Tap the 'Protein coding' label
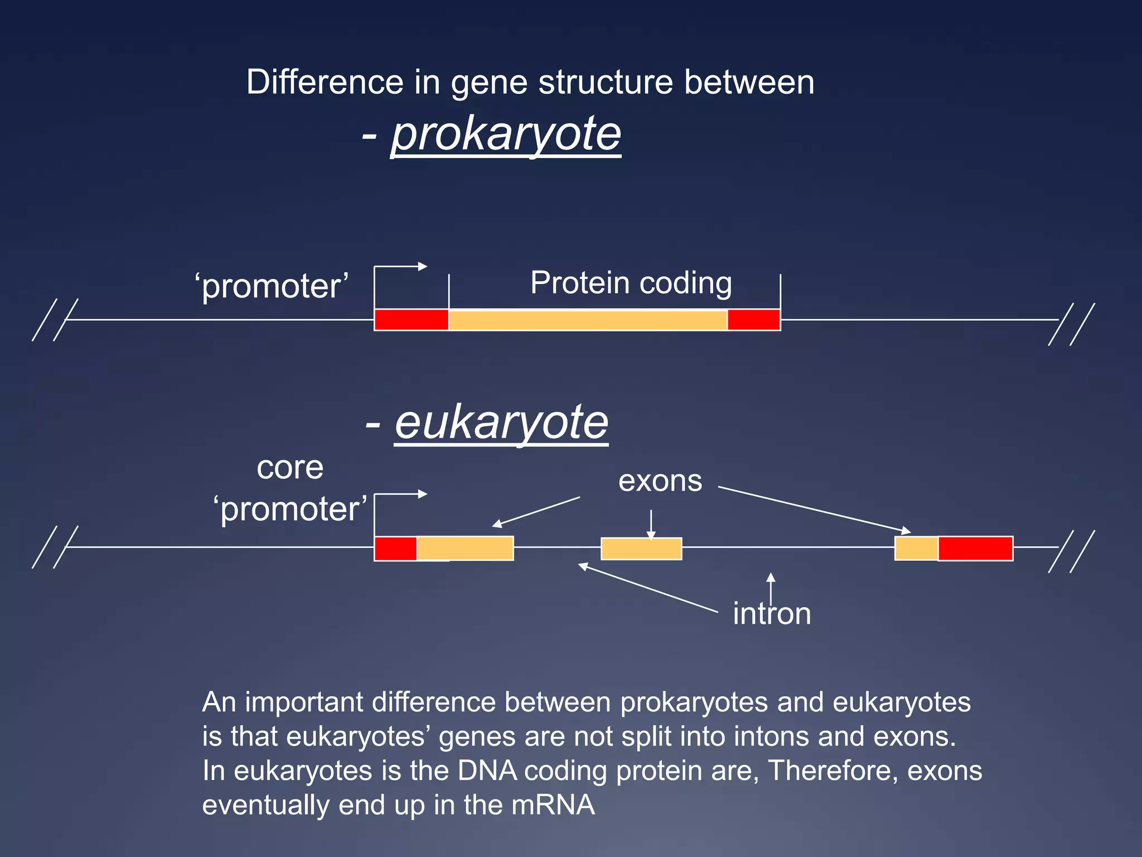(631, 282)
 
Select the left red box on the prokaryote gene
(411, 320)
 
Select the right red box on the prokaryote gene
(753, 320)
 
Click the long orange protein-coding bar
(588, 320)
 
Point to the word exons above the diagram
(660, 481)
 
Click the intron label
(772, 614)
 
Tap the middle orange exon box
(641, 548)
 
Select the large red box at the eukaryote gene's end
(975, 548)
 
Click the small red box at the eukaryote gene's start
(395, 548)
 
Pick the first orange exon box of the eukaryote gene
(465, 548)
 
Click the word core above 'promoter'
(290, 468)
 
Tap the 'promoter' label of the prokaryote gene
(272, 286)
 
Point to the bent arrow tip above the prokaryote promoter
(424, 266)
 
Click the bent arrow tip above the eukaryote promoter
(424, 494)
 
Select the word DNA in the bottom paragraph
(487, 771)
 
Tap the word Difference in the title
(325, 83)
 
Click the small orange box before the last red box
(916, 548)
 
